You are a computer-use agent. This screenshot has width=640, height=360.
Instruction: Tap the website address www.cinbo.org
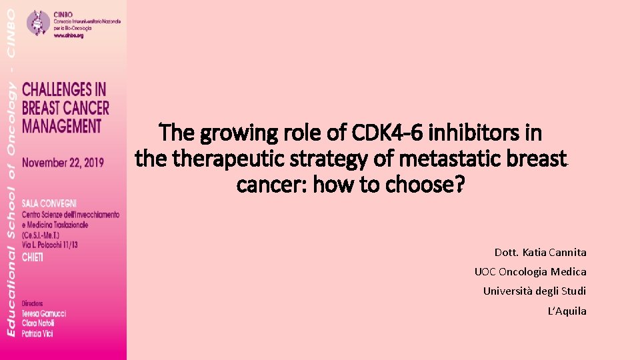click(x=69, y=35)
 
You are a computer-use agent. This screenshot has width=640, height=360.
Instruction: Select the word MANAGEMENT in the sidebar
click(x=62, y=125)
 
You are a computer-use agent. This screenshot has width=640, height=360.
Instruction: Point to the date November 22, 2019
click(x=63, y=163)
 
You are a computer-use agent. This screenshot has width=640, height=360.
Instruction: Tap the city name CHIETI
click(x=33, y=257)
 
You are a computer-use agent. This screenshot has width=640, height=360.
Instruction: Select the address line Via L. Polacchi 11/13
click(x=50, y=245)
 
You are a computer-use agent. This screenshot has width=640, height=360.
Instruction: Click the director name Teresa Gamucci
click(x=44, y=313)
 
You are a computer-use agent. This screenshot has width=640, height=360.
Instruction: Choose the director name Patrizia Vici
click(x=38, y=333)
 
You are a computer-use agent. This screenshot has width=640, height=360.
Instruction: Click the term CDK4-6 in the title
click(x=389, y=133)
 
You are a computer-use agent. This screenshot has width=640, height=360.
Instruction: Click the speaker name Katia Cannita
click(x=555, y=253)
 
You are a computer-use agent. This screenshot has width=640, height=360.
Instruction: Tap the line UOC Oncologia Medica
click(x=530, y=272)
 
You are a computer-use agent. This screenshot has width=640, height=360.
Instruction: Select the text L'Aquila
click(x=567, y=311)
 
